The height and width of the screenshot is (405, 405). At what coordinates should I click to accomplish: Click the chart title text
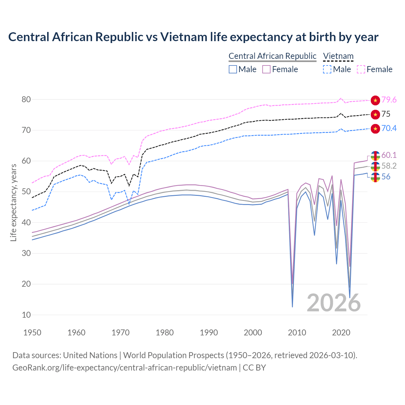pos(193,37)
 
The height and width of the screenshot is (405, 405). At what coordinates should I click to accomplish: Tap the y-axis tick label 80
pos(26,99)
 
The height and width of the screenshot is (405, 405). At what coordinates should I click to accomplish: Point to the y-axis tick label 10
pos(26,315)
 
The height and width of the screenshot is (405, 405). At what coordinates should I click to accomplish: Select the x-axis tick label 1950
pos(32,333)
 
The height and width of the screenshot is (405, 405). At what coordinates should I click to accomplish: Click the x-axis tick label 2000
pos(253,333)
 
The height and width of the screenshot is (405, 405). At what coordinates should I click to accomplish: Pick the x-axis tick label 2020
pos(341,333)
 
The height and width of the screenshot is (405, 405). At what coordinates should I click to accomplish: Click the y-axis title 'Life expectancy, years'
pos(13,202)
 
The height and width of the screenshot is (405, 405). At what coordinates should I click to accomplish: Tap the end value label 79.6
pos(389,100)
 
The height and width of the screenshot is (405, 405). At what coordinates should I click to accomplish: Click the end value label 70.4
pos(389,128)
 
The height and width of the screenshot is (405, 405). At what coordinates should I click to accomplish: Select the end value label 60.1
pos(389,155)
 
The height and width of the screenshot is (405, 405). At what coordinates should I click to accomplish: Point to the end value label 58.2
pos(389,166)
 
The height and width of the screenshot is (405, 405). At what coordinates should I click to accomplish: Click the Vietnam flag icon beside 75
pos(375,114)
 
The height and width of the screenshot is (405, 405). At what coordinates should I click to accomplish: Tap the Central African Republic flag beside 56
pos(375,177)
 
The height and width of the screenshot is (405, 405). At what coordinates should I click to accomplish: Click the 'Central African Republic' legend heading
pos(272,56)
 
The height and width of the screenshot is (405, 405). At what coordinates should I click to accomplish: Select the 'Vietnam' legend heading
pos(338,56)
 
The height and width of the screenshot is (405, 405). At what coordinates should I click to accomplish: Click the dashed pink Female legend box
pos(361,69)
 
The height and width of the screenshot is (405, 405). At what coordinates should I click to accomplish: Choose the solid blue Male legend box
pos(233,69)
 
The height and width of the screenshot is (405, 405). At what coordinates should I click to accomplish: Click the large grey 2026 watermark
pos(333,303)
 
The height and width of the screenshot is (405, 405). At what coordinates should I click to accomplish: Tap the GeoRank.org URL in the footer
pos(124,368)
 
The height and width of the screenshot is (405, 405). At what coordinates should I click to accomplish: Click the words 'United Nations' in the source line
pos(90,355)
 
